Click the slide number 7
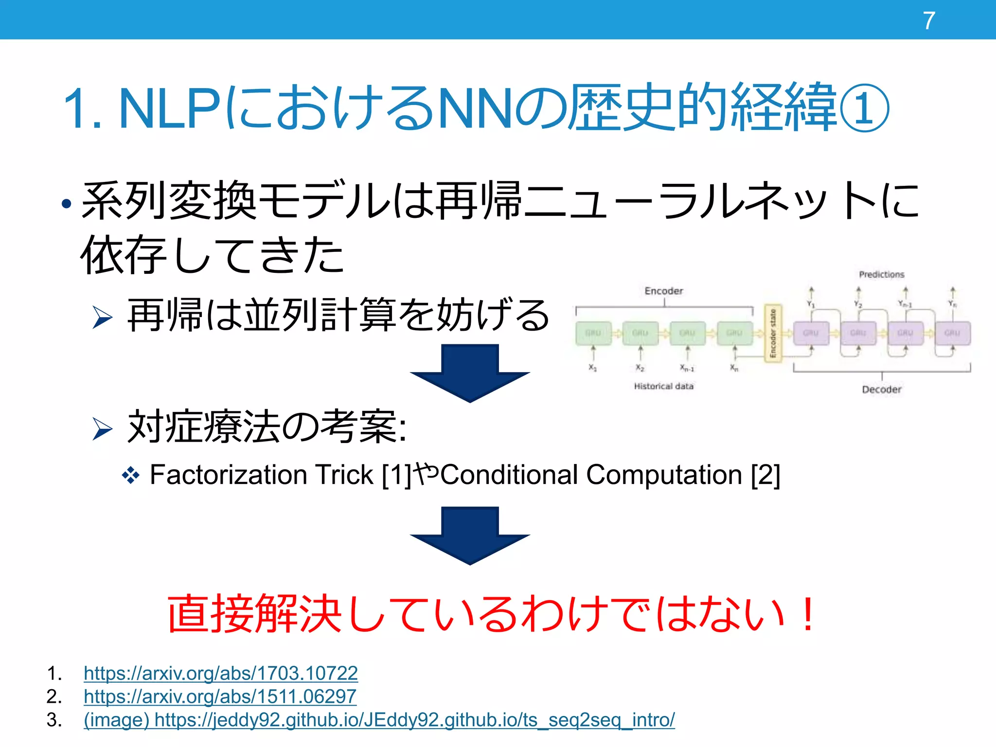click(929, 21)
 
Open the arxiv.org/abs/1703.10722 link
click(221, 673)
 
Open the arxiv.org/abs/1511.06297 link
click(220, 696)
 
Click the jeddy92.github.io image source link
click(379, 720)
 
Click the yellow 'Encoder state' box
click(773, 334)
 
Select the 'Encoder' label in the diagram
click(664, 291)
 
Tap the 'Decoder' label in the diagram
click(882, 390)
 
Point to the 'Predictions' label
click(882, 275)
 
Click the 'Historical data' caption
click(664, 386)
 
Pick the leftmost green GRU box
click(593, 333)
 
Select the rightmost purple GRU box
click(952, 333)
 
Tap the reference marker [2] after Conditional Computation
click(765, 475)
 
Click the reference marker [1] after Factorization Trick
click(397, 475)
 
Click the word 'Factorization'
click(228, 475)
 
